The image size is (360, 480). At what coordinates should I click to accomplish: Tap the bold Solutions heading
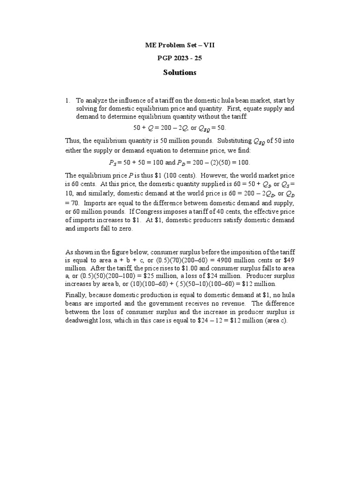(180, 73)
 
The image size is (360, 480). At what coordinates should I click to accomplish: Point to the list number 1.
(67, 101)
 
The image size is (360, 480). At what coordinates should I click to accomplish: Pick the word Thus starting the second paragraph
(73, 141)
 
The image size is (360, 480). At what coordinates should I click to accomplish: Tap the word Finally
(75, 295)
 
